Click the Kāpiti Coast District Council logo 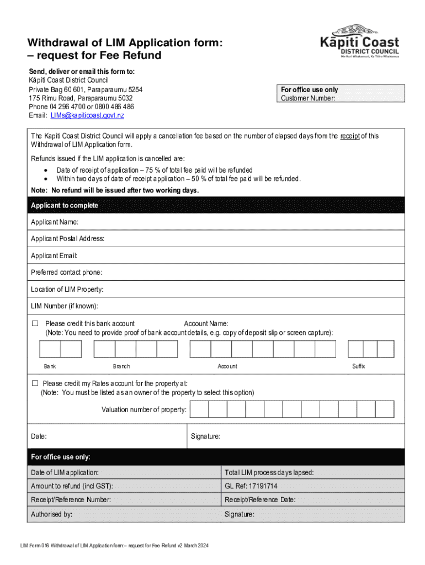(x=359, y=42)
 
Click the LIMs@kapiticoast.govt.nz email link (x=87, y=115)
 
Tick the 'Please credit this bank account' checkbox (x=35, y=323)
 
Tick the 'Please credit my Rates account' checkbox (x=35, y=383)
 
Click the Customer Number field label (x=307, y=99)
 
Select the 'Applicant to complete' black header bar (x=212, y=205)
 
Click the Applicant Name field (x=221, y=222)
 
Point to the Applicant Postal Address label (x=67, y=239)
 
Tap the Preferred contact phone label (x=66, y=273)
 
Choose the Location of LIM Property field (x=221, y=290)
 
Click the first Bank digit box (x=50, y=349)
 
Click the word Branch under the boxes (x=121, y=366)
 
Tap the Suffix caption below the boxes (x=359, y=366)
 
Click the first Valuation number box (x=200, y=409)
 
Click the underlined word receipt (x=349, y=136)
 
